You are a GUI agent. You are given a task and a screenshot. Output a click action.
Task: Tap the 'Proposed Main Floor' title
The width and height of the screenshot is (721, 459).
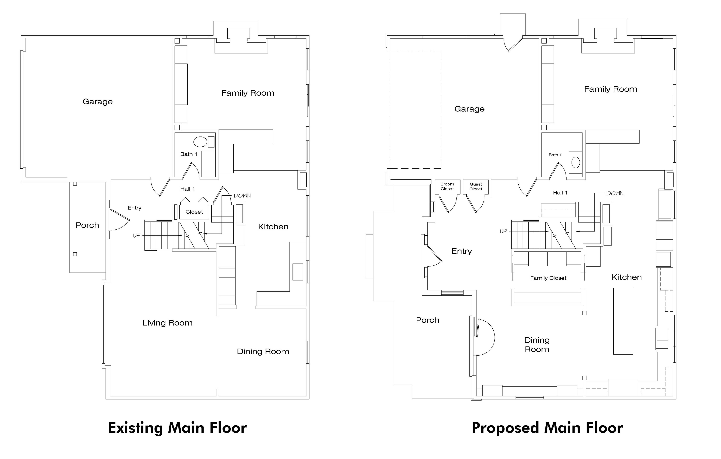[x=547, y=428]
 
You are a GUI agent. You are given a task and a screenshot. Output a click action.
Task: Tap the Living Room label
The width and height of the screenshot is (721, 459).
[x=167, y=323]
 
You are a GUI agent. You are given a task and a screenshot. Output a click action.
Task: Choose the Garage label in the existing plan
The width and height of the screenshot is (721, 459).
[x=98, y=102]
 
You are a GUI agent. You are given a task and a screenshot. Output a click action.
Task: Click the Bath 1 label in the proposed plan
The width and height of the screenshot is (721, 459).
[x=555, y=155]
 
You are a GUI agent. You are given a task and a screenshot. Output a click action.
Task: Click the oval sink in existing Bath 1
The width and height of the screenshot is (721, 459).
[x=200, y=142]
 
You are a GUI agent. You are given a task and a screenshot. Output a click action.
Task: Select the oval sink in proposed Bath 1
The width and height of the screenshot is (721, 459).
[x=575, y=163]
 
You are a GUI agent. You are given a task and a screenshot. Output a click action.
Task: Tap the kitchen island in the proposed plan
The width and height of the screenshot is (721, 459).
[x=623, y=321]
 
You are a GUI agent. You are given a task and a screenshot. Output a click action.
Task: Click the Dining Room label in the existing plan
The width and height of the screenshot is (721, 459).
[x=263, y=351]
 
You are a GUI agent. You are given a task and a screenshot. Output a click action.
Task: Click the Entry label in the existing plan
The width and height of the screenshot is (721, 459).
[x=134, y=208]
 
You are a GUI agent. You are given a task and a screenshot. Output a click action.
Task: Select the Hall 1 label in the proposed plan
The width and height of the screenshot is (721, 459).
[x=560, y=193]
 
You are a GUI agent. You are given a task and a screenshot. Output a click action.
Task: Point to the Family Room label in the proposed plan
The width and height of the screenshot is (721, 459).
[x=611, y=89]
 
